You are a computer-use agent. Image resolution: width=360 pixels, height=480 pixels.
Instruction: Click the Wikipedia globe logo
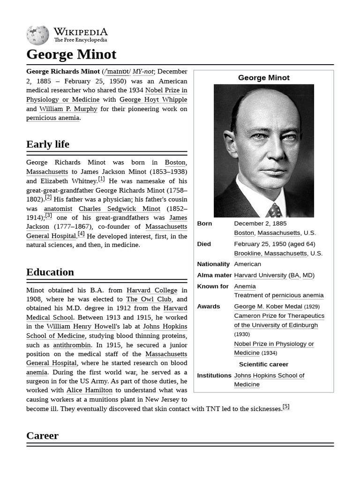pos(37,35)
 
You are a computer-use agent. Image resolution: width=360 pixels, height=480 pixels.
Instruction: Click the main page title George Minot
pos(71,54)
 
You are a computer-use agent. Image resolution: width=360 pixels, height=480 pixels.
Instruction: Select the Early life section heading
pos(48,144)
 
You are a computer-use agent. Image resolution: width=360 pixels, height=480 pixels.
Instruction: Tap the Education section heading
pos(50,272)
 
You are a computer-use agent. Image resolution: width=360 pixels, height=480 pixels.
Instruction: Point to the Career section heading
pos(42,435)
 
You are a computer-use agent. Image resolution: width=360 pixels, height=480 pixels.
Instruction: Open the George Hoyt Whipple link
pos(153,99)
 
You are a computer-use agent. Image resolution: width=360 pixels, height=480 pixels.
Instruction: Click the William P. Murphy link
pos(68,109)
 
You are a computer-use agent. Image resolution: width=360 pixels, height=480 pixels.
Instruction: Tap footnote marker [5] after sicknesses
pos(286,407)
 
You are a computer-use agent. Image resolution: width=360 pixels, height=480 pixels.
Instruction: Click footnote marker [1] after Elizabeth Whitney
pos(101,179)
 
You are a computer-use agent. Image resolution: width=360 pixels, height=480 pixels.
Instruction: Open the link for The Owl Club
pos(149,299)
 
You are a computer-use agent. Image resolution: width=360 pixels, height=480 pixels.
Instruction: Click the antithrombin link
pos(72,345)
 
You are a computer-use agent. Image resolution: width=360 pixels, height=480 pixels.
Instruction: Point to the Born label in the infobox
pos(204,224)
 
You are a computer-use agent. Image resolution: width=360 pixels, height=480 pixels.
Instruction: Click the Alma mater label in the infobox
pos(214,275)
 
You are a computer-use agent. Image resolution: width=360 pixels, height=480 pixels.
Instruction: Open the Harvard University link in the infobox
pos(260,275)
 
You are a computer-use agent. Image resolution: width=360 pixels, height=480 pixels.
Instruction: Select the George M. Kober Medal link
pos(268,307)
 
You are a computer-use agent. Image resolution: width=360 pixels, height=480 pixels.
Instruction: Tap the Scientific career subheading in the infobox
pos(263,364)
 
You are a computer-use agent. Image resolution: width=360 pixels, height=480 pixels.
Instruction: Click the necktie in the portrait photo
pos(274,210)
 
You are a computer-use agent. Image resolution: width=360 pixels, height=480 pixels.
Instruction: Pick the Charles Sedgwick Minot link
pos(119,209)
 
